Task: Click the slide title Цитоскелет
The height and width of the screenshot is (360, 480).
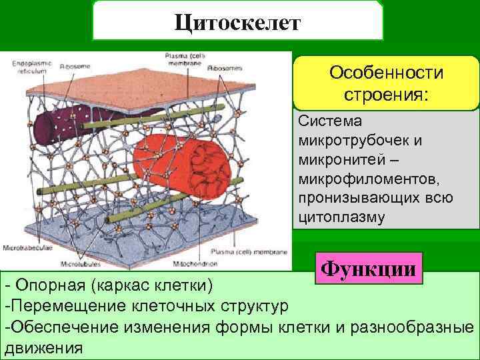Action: coord(238,22)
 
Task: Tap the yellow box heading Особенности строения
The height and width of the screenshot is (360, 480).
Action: coord(387,83)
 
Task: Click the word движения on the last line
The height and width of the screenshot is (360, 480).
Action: coord(44,347)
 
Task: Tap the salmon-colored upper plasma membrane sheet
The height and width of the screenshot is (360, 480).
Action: coord(160,87)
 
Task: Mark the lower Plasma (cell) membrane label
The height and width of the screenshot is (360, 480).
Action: coord(249,253)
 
